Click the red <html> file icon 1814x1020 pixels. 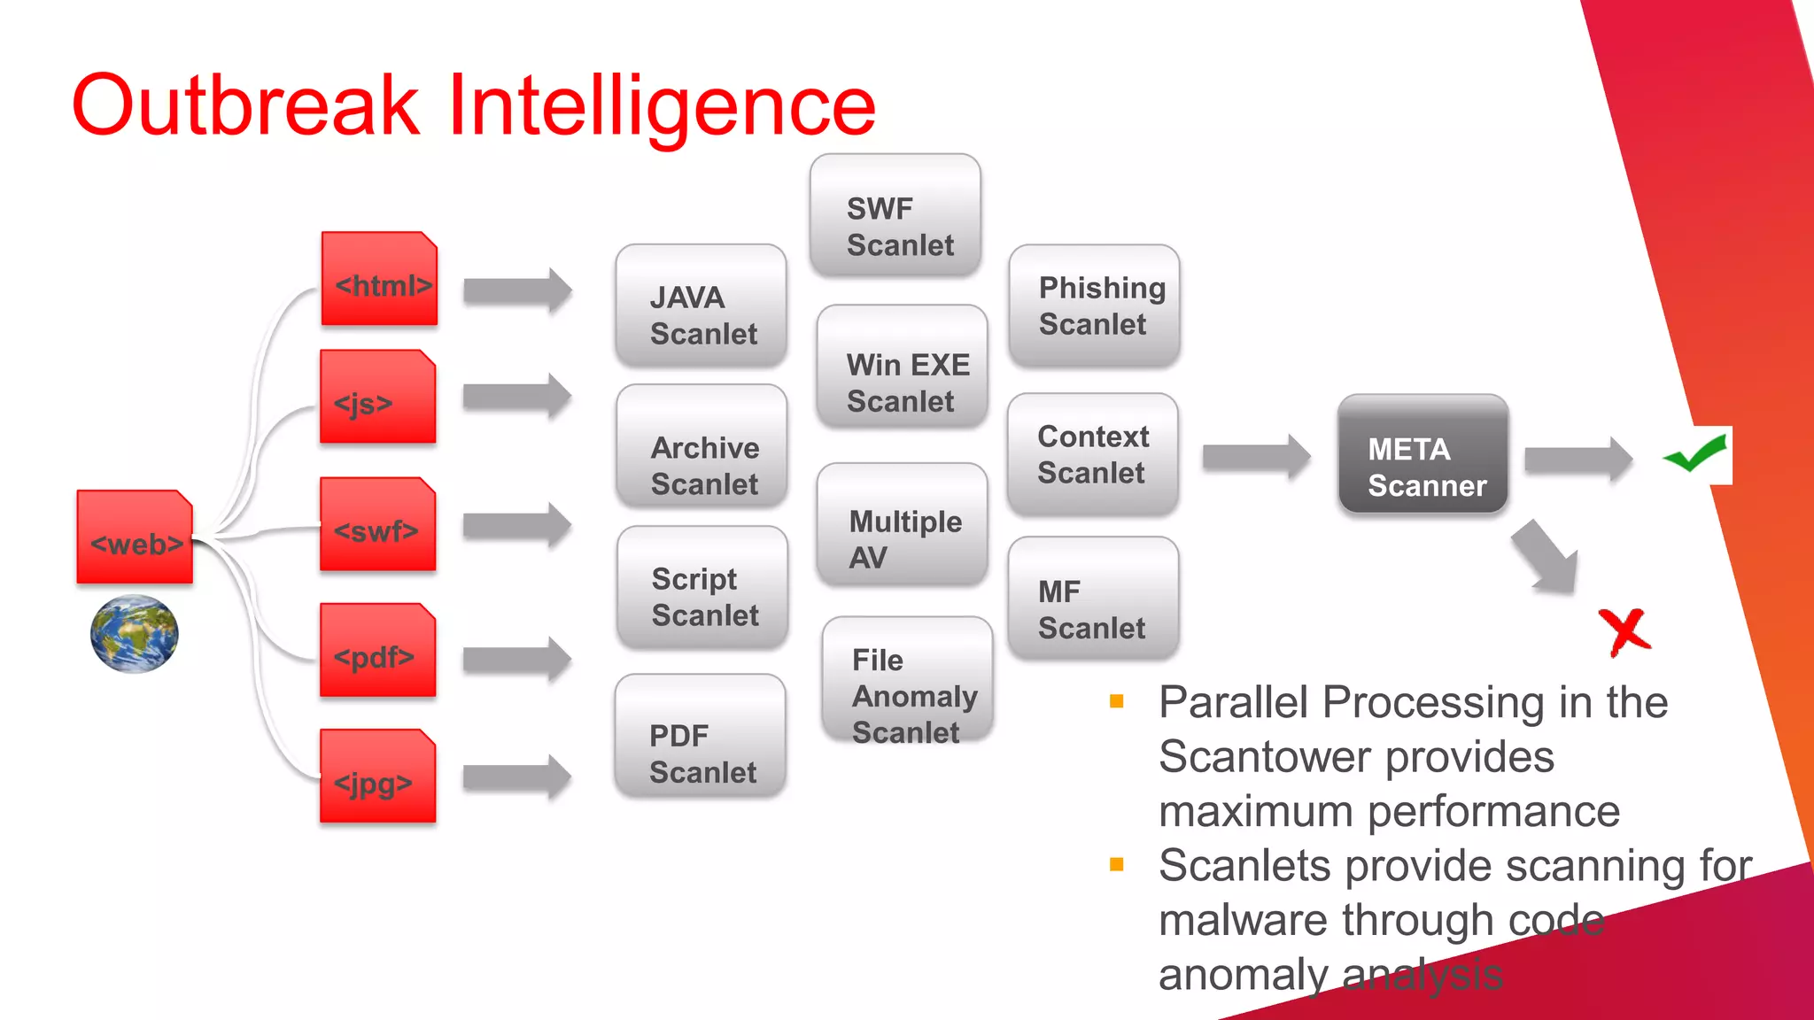379,279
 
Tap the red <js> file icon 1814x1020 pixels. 378,397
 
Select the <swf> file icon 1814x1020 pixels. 378,524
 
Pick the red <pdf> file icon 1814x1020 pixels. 378,650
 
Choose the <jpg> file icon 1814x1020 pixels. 378,777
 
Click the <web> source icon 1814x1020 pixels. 135,537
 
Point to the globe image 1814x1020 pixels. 135,634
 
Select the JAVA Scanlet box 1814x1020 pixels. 702,305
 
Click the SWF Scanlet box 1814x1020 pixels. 895,215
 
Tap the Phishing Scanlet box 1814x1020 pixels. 1095,305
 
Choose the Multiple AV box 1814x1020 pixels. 903,524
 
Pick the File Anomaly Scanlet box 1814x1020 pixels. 908,680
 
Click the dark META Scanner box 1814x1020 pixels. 1423,454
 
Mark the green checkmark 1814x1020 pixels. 1695,454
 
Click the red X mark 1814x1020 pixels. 1624,632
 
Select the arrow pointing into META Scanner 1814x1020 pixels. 1256,457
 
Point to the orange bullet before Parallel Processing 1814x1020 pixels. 1117,702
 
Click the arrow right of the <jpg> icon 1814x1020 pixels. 517,777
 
